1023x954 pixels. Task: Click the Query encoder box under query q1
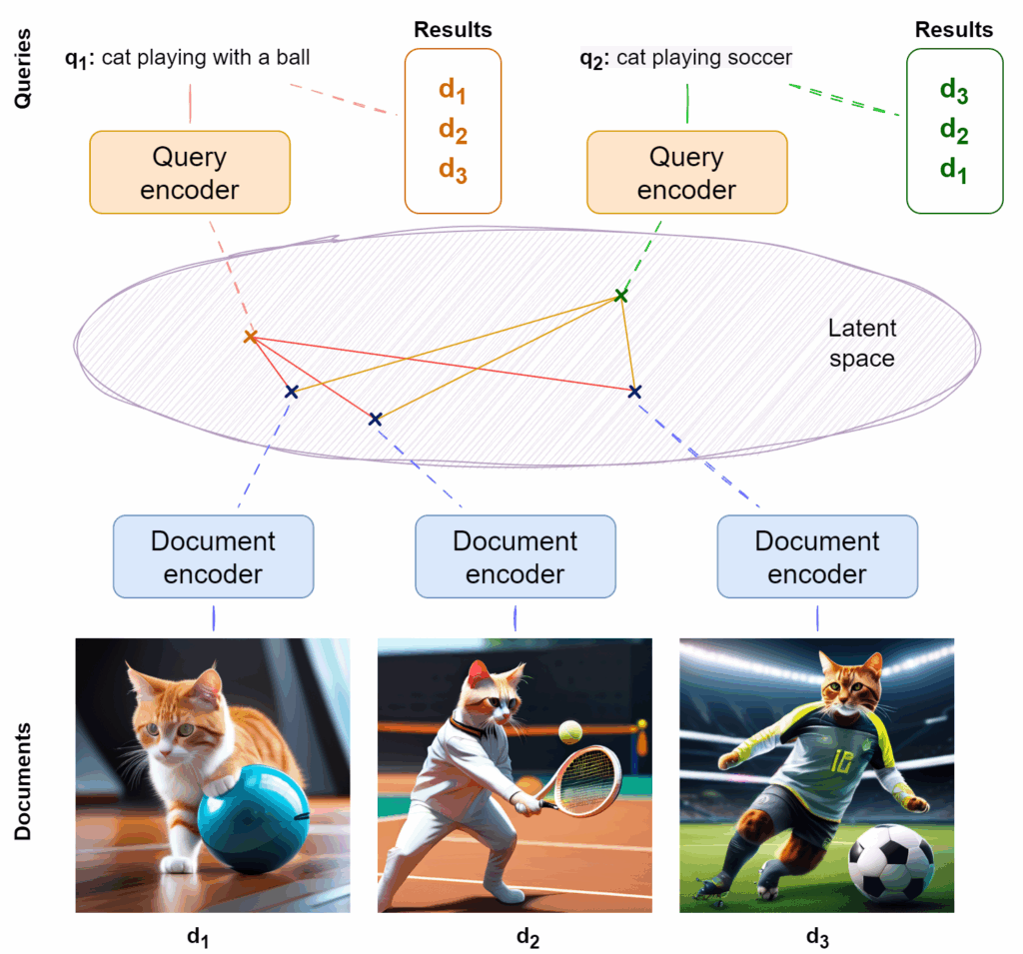click(190, 172)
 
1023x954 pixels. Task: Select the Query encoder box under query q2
click(686, 172)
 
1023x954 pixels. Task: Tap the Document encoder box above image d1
click(213, 557)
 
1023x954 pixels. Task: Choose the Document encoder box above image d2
click(514, 557)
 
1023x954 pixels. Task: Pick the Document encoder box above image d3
click(816, 557)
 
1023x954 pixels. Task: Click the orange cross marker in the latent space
click(251, 338)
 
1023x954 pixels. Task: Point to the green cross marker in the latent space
click(621, 295)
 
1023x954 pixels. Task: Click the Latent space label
click(862, 343)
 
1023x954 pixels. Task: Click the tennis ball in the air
click(570, 732)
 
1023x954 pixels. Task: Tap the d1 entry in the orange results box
click(453, 91)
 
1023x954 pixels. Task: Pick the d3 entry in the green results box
click(954, 91)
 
